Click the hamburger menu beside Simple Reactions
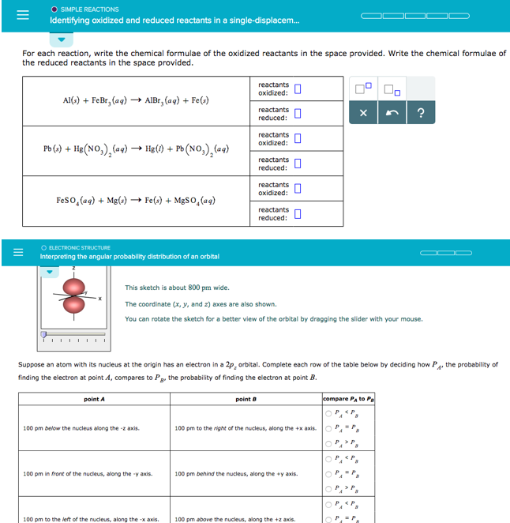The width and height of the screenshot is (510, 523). pos(12,15)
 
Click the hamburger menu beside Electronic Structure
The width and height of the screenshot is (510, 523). pos(12,253)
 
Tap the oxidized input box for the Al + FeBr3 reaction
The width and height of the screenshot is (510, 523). pos(298,88)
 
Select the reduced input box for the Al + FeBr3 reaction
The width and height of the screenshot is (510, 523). pos(298,114)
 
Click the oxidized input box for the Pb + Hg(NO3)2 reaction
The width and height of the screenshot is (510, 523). pos(298,139)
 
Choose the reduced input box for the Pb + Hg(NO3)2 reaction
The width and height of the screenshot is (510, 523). pos(298,164)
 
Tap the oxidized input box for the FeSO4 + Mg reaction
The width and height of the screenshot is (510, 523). pos(298,189)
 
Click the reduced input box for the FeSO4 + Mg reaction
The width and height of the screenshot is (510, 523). pos(298,214)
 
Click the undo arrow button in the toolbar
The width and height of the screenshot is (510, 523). pos(392,113)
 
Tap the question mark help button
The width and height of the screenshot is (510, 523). pos(420,113)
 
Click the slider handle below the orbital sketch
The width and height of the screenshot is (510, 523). pos(43,335)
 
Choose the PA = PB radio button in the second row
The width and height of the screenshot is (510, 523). pos(328,473)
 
